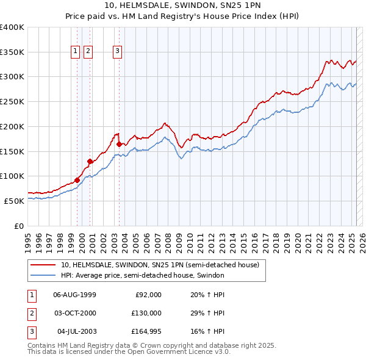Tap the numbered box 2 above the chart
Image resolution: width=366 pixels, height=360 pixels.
click(88, 52)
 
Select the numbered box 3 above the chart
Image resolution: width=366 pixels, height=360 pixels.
click(117, 52)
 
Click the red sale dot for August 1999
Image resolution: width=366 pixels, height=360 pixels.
click(77, 180)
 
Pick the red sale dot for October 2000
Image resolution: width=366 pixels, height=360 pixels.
click(90, 161)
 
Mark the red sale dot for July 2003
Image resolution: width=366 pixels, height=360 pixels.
click(119, 144)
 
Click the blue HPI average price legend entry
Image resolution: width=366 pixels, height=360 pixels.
click(143, 275)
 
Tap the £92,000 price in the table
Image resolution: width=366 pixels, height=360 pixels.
click(148, 295)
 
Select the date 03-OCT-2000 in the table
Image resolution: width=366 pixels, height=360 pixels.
click(74, 313)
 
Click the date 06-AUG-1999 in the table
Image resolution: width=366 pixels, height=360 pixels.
click(74, 295)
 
